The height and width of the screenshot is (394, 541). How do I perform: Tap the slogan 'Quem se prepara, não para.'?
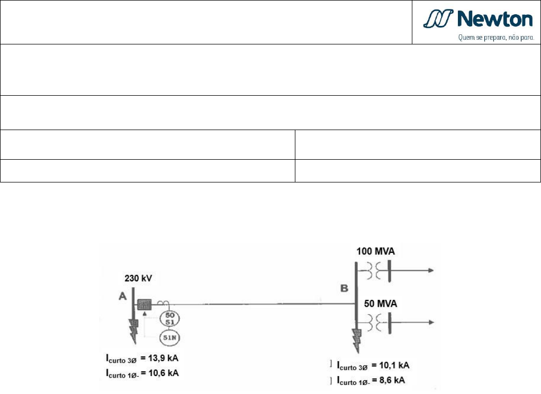pyautogui.click(x=496, y=37)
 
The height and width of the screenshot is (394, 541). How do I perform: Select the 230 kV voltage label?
pyautogui.click(x=138, y=278)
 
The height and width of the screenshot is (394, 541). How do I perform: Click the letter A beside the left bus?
pyautogui.click(x=122, y=296)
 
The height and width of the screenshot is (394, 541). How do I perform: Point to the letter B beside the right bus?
pyautogui.click(x=344, y=288)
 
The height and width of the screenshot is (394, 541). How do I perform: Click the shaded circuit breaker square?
pyautogui.click(x=145, y=305)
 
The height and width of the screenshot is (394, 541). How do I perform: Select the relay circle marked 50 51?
pyautogui.click(x=169, y=318)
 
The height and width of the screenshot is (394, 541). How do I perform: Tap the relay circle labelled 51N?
pyautogui.click(x=169, y=337)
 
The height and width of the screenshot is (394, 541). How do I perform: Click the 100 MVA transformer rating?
pyautogui.click(x=375, y=251)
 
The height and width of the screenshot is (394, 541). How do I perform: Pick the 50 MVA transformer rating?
pyautogui.click(x=381, y=304)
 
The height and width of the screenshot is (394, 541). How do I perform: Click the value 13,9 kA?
pyautogui.click(x=163, y=358)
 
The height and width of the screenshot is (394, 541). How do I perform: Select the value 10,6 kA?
pyautogui.click(x=164, y=373)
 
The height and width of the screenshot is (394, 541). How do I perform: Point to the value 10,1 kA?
pyautogui.click(x=394, y=365)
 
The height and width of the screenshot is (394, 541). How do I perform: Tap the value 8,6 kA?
pyautogui.click(x=392, y=380)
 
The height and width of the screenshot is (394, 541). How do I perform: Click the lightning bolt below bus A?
pyautogui.click(x=133, y=331)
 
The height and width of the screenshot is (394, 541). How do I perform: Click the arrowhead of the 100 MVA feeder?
pyautogui.click(x=431, y=271)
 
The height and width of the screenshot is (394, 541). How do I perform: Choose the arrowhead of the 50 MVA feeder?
pyautogui.click(x=431, y=322)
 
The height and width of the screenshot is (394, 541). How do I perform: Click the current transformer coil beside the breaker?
pyautogui.click(x=163, y=303)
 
